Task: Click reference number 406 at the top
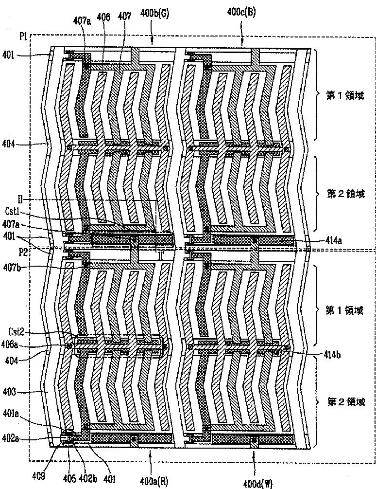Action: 103,17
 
